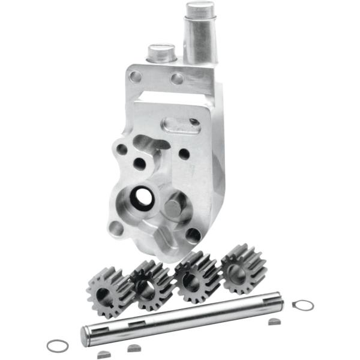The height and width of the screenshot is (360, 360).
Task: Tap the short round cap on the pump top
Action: pyautogui.click(x=160, y=55)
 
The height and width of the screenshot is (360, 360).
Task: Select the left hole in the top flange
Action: pyautogui.click(x=136, y=76)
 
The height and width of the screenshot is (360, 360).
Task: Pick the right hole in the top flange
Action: pyautogui.click(x=177, y=78)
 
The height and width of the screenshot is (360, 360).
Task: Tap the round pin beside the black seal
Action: pyautogui.click(x=173, y=208)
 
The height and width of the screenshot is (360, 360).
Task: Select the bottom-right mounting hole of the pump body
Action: pyautogui.click(x=193, y=235)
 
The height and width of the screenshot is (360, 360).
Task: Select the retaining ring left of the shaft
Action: pyautogui.click(x=58, y=345)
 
